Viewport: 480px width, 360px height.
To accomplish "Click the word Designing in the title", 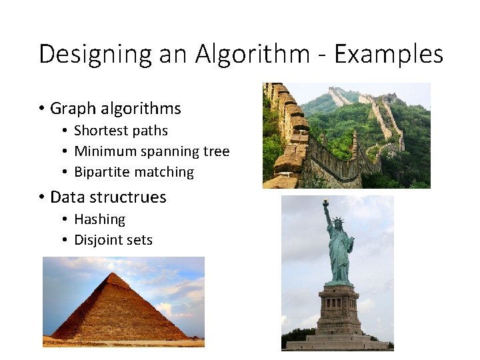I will pyautogui.click(x=96, y=54).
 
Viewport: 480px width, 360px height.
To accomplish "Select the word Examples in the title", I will pyautogui.click(x=389, y=54).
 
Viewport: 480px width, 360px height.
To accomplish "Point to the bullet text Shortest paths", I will pyautogui.click(x=121, y=131).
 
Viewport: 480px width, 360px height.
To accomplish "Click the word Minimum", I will pyautogui.click(x=103, y=151).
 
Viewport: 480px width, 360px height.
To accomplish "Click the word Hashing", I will pyautogui.click(x=99, y=219).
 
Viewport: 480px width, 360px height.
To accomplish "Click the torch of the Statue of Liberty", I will pyautogui.click(x=325, y=203).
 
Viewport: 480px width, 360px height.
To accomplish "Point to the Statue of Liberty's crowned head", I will pyautogui.click(x=337, y=223).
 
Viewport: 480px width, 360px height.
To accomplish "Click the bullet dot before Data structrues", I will pyautogui.click(x=41, y=197).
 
